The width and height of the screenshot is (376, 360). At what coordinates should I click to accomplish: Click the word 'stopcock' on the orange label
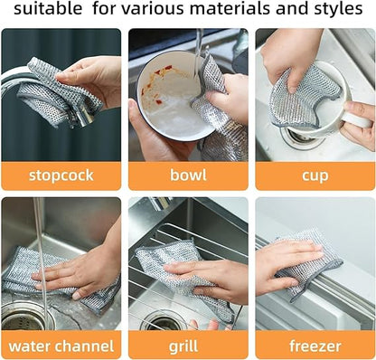point(61,175)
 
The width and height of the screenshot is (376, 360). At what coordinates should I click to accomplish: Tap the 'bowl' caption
point(186,175)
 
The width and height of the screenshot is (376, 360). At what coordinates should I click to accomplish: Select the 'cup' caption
point(315,175)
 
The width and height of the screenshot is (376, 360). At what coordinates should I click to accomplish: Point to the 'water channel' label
point(61,345)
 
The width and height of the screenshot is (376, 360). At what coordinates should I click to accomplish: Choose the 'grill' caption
point(186,345)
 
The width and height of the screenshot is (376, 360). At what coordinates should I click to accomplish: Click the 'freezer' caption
point(315,345)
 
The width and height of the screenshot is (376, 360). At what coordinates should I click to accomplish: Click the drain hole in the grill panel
point(163,320)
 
